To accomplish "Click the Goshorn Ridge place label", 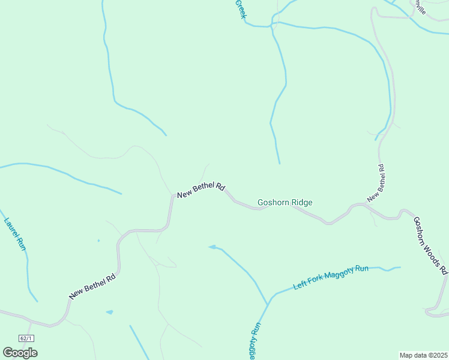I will tap(285, 203).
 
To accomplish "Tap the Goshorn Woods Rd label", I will tap(430, 245).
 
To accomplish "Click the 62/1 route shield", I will tap(26, 338).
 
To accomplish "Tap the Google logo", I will tap(20, 353).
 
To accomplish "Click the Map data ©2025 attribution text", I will tap(423, 355).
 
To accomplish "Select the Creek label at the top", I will tap(240, 9).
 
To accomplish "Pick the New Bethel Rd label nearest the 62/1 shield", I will tap(92, 287).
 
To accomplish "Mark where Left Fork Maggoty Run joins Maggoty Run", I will tap(268, 304).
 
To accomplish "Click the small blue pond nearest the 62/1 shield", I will tap(109, 312).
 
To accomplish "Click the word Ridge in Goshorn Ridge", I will tap(301, 203).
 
